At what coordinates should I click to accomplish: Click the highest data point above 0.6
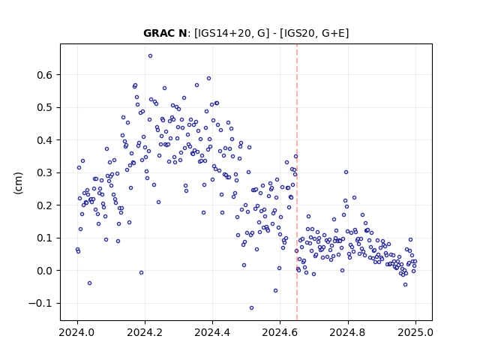150,56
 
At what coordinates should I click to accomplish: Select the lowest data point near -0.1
252,308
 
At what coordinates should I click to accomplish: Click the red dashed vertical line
297,182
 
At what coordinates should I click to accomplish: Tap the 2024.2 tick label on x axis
145,332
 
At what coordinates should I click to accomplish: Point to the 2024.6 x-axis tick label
280,332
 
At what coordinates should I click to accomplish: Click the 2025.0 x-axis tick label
415,332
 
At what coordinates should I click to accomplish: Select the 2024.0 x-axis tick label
77,332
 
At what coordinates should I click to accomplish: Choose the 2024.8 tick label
348,332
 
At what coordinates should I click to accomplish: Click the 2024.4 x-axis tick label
212,332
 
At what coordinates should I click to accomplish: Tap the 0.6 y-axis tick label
45,75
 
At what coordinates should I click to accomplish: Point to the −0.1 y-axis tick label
41,303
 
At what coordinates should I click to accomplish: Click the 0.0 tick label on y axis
45,271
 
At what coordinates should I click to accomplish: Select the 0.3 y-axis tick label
45,173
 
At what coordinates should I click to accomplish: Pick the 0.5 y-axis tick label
45,108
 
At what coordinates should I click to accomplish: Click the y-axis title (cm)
18,183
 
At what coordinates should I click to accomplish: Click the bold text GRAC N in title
165,33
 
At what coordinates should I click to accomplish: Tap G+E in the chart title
334,33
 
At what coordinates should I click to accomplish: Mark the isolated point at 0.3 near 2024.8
346,172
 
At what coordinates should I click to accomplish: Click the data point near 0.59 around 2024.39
208,78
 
